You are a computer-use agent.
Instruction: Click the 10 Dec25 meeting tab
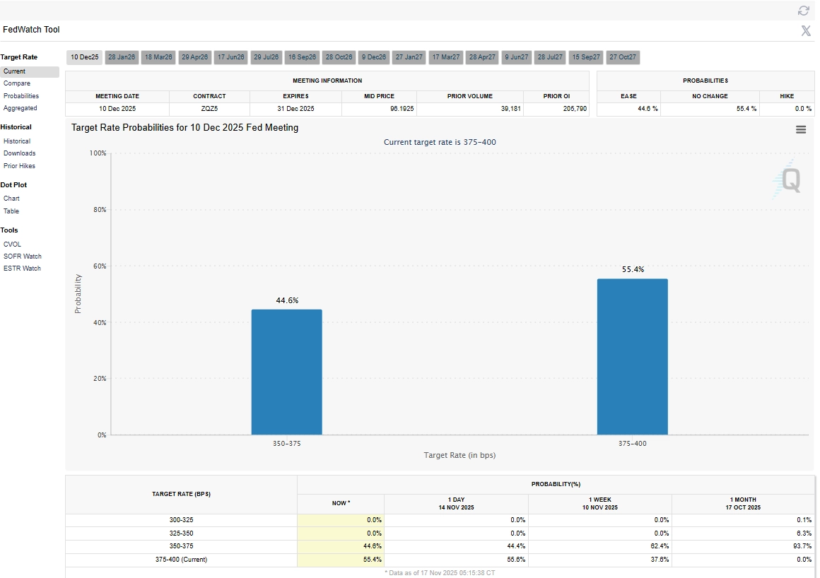tap(85, 57)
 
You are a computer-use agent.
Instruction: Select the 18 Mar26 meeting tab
tap(158, 57)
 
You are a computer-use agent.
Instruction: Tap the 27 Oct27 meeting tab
tap(623, 57)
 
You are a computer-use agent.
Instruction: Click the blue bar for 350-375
tap(286, 372)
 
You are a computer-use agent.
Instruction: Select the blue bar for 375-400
tap(632, 357)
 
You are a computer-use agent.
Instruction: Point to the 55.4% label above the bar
tap(632, 269)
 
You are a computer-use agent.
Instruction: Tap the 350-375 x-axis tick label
tap(286, 444)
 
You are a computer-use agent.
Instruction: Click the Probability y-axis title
tap(78, 294)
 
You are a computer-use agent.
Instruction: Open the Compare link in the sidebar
tap(17, 83)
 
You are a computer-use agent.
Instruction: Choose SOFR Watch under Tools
tap(23, 256)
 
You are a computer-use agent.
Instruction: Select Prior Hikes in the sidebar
tap(19, 166)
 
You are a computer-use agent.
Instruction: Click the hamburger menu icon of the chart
tap(801, 129)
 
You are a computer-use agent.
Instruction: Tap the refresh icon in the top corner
tap(803, 11)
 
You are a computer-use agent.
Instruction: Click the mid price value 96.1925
tap(399, 110)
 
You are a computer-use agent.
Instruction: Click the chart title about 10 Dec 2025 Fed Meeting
tap(185, 128)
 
